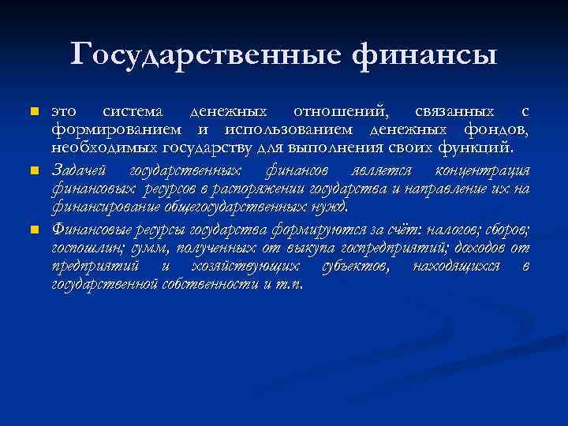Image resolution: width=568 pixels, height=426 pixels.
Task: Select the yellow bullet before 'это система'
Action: coord(32,113)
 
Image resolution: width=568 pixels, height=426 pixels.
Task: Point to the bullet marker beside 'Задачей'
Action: coord(32,171)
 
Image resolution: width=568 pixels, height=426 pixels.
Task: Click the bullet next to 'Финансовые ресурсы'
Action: coord(32,230)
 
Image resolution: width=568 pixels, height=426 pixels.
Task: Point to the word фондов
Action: coord(499,129)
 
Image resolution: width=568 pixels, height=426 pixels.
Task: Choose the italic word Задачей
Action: coord(80,171)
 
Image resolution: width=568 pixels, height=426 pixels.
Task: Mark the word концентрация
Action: coord(482,171)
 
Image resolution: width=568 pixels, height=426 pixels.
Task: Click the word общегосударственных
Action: coord(235,207)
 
